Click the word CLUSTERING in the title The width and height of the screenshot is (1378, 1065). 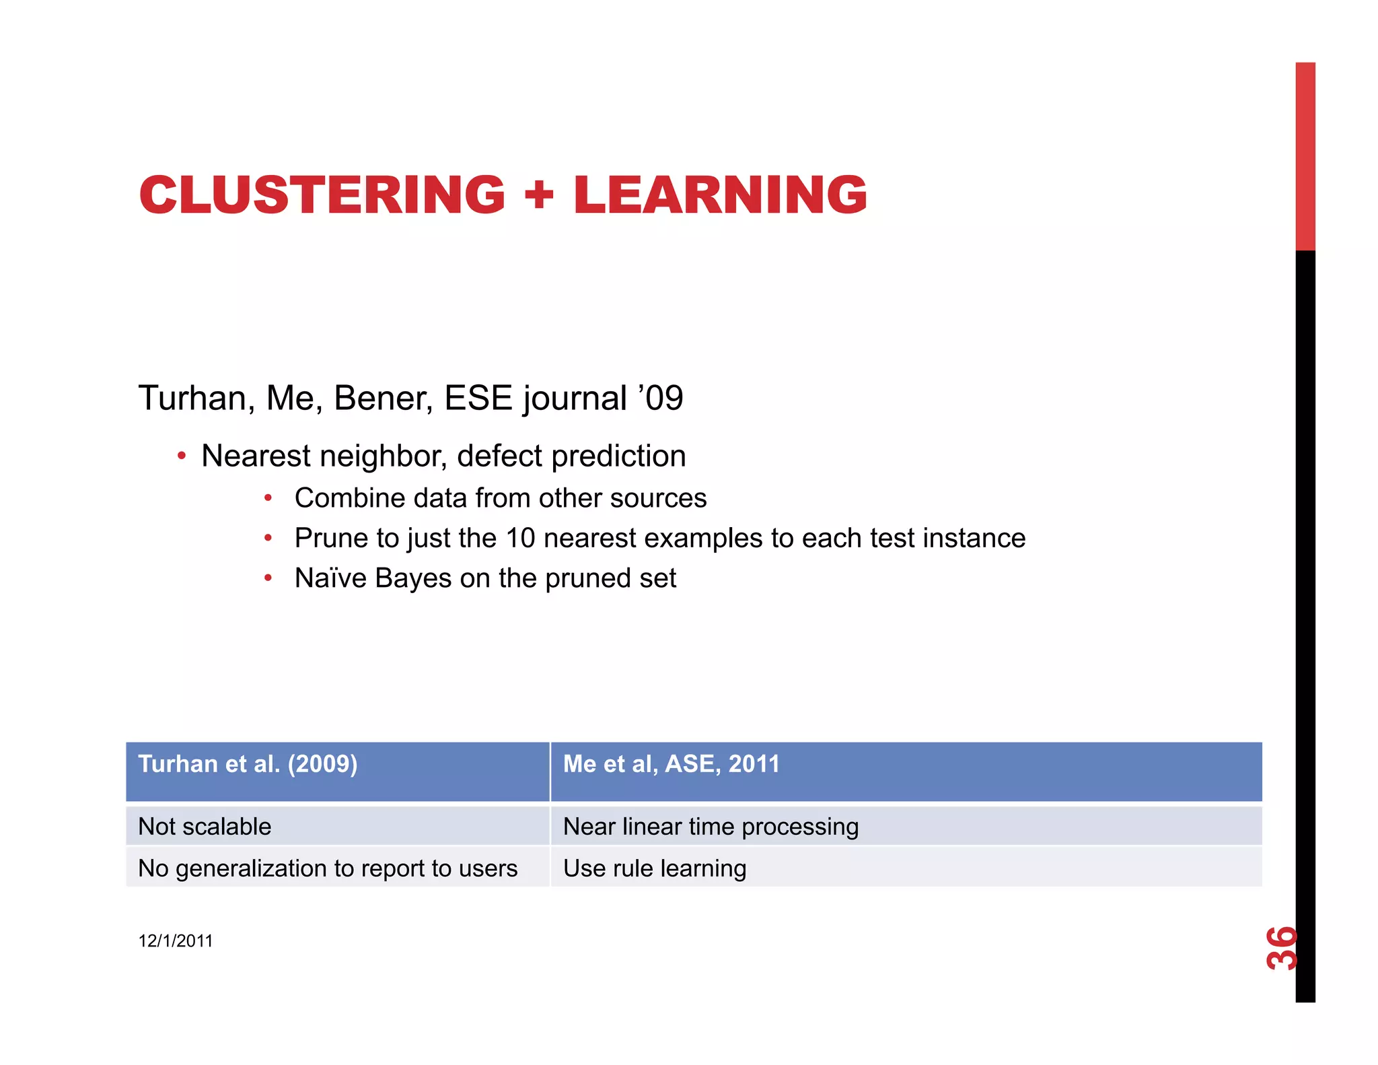(322, 195)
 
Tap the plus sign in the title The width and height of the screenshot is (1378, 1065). (538, 195)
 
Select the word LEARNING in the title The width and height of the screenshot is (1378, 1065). (720, 195)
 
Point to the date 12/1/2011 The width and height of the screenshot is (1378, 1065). (175, 940)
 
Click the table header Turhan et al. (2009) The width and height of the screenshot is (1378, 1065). (248, 764)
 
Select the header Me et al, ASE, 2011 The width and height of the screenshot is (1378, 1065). (671, 764)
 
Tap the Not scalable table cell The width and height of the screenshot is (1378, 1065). (205, 827)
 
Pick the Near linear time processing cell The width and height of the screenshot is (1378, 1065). (711, 827)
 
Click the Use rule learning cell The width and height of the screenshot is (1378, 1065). (654, 868)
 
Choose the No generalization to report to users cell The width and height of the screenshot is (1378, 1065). (328, 868)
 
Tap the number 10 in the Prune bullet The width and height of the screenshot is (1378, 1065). (520, 539)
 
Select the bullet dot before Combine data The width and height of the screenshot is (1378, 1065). (268, 498)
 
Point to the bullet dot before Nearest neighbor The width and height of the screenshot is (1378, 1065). (181, 456)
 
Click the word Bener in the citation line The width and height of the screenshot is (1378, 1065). (382, 398)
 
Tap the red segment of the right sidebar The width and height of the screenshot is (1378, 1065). (1305, 156)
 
